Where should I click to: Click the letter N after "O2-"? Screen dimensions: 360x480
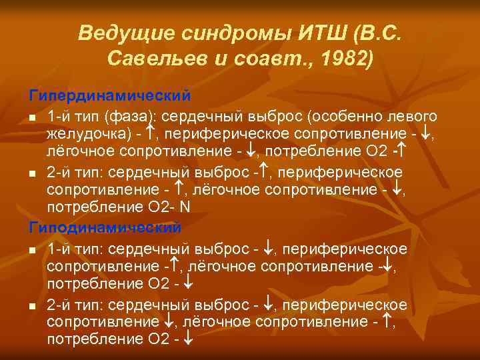185,206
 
